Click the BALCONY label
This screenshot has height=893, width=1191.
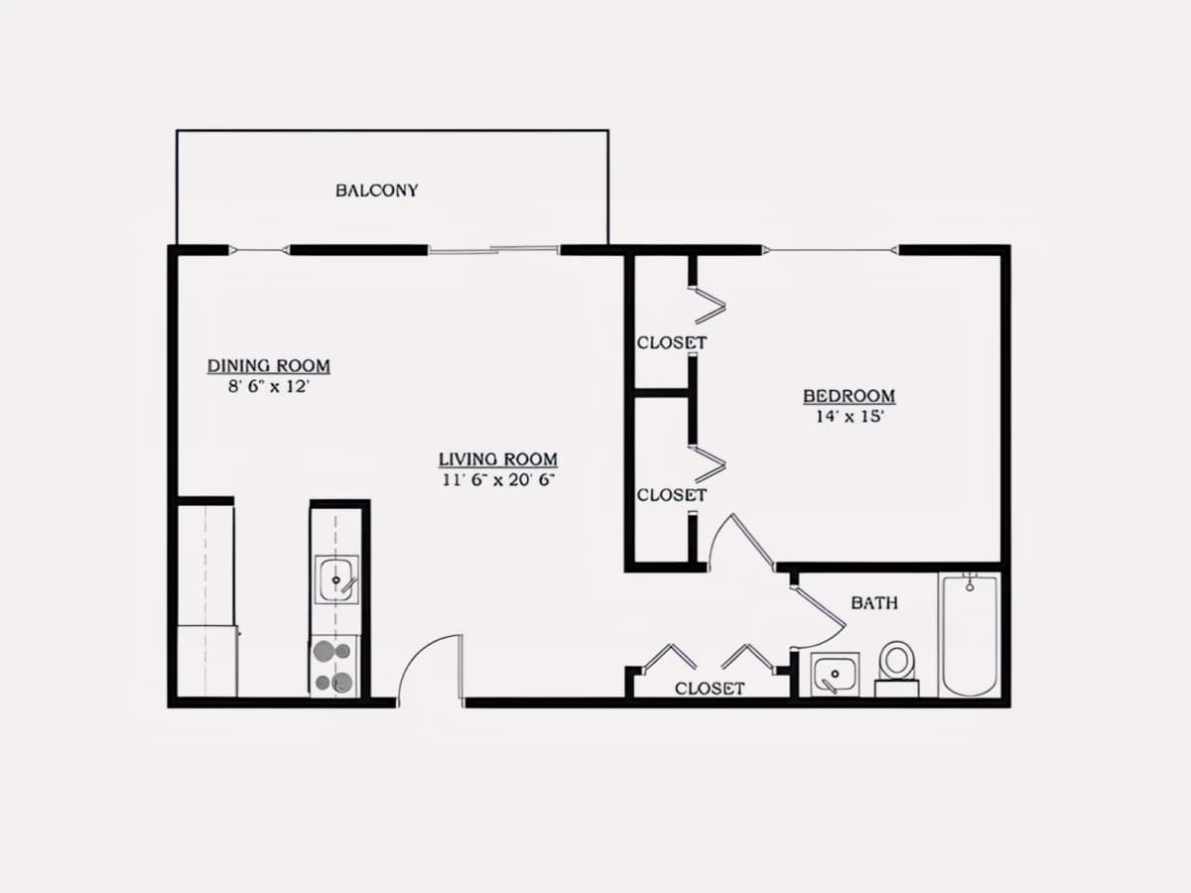point(376,191)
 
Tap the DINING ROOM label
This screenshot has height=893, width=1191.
point(269,366)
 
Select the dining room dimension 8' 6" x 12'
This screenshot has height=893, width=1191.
point(269,387)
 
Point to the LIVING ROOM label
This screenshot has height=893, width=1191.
point(498,459)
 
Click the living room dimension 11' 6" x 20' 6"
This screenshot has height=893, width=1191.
point(498,480)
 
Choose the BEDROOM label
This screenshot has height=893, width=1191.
point(850,396)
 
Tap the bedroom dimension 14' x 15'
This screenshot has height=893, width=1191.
point(850,417)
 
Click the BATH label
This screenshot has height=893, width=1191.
point(874,603)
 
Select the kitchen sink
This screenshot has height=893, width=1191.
point(336,579)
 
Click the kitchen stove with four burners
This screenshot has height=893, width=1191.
point(334,666)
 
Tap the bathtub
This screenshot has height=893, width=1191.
point(970,634)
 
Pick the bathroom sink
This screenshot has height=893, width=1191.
point(835,674)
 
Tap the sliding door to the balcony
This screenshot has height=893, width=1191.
point(493,250)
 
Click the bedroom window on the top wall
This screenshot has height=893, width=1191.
point(830,250)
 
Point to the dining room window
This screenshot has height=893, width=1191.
point(259,250)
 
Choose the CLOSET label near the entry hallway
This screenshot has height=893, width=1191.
point(710,689)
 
